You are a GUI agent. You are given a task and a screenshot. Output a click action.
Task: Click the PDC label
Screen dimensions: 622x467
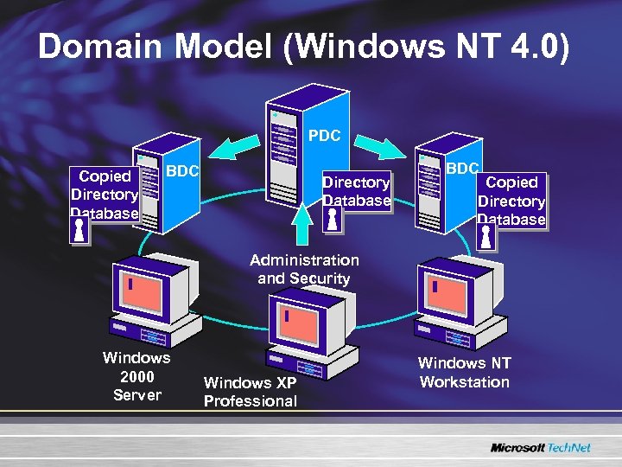click(x=324, y=136)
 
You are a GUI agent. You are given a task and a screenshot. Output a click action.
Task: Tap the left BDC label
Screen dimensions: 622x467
click(x=182, y=170)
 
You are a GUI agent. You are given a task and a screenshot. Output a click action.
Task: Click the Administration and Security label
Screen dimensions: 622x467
click(x=303, y=269)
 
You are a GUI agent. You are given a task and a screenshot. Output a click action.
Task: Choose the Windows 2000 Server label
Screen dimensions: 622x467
click(x=136, y=376)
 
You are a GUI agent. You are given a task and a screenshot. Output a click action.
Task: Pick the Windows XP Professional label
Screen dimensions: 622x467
click(x=250, y=392)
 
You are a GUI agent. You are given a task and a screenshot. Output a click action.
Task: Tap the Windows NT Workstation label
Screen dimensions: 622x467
click(x=464, y=373)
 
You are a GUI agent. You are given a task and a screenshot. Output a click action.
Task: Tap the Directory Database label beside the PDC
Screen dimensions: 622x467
click(x=356, y=191)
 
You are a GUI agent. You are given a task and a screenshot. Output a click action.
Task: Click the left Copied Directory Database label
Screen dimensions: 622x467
click(x=104, y=195)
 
